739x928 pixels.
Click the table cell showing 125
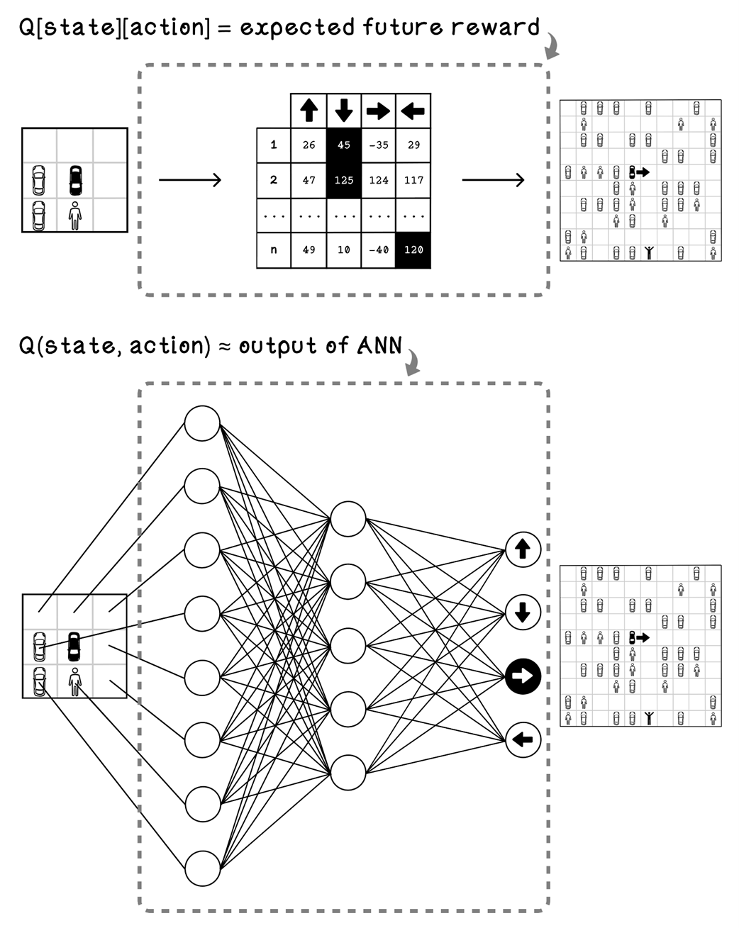[344, 180]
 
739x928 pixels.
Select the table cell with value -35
[379, 145]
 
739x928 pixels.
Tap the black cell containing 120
[413, 250]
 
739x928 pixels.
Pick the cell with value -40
[379, 250]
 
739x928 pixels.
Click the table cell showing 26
[309, 145]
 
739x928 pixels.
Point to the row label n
[274, 250]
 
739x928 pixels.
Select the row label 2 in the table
[274, 180]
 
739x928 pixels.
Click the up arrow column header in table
[309, 111]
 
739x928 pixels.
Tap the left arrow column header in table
[413, 111]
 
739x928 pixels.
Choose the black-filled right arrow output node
[523, 676]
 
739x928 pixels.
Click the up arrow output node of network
[523, 549]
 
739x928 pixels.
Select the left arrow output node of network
[523, 740]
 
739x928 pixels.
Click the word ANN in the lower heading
[379, 345]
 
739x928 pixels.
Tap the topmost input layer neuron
[202, 423]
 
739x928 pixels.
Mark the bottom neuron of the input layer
[202, 868]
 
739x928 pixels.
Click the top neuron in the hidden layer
[348, 518]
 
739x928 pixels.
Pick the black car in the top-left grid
[75, 180]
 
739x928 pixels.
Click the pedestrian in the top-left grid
[75, 215]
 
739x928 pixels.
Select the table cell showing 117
[413, 180]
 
